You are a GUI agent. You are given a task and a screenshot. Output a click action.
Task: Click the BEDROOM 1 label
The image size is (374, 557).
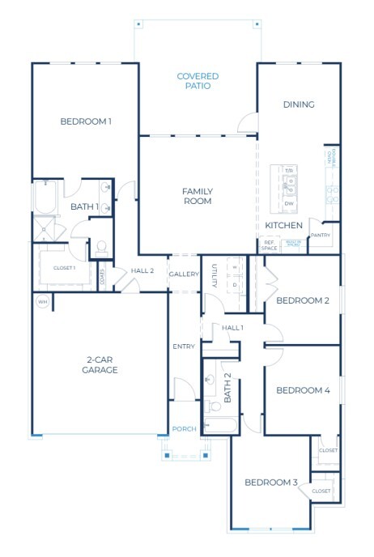pyautogui.click(x=86, y=121)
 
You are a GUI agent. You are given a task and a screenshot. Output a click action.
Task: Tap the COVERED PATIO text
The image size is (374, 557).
pyautogui.click(x=198, y=81)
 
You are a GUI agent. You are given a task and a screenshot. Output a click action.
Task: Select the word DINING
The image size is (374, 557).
pyautogui.click(x=298, y=104)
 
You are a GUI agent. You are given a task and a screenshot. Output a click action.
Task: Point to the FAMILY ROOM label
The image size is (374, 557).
pyautogui.click(x=197, y=196)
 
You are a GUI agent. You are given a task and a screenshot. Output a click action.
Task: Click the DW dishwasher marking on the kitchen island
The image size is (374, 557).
pyautogui.click(x=289, y=203)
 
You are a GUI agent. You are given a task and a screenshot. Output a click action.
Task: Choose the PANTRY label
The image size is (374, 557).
pyautogui.click(x=321, y=235)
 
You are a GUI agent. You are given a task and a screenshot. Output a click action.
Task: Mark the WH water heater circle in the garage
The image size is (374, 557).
pyautogui.click(x=41, y=302)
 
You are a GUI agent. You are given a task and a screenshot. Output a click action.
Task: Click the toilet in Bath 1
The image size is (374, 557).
pyautogui.click(x=103, y=245)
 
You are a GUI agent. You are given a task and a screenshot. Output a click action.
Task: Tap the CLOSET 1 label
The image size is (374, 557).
pyautogui.click(x=64, y=267)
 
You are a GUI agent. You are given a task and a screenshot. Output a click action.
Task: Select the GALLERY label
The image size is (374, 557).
pyautogui.click(x=184, y=274)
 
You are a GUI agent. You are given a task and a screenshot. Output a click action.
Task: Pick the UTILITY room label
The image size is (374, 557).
pyautogui.click(x=215, y=276)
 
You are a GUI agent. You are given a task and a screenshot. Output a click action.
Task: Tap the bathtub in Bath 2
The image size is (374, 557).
pyautogui.click(x=219, y=425)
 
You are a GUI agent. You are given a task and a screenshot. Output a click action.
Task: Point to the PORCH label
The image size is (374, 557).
pyautogui.click(x=184, y=428)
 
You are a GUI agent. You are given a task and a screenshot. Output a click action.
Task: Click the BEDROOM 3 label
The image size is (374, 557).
pyautogui.click(x=271, y=483)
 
